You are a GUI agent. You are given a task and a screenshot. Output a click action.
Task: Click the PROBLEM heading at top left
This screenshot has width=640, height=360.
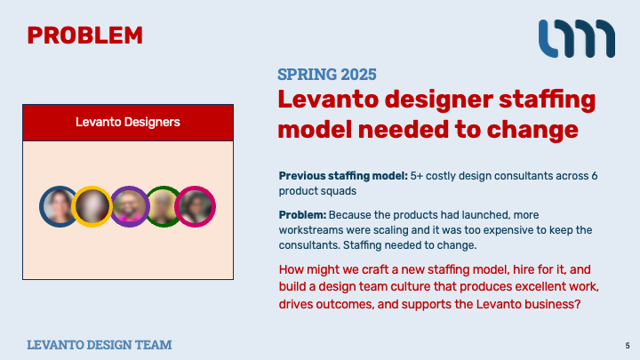click(x=85, y=36)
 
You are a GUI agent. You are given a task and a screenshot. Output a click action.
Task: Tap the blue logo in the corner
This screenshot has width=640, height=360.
click(x=577, y=38)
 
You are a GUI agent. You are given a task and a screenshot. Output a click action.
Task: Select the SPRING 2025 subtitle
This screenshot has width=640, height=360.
click(x=327, y=75)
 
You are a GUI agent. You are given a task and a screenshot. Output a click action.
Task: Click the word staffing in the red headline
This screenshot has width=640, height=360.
click(x=547, y=100)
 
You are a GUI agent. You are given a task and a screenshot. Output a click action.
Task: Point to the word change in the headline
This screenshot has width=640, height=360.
click(x=532, y=130)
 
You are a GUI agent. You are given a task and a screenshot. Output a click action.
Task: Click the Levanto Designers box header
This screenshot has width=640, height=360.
click(x=128, y=123)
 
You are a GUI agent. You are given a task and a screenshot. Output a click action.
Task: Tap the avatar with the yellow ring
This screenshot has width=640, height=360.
click(x=92, y=206)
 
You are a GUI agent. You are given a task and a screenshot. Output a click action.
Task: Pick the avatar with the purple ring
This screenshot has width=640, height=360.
click(x=130, y=206)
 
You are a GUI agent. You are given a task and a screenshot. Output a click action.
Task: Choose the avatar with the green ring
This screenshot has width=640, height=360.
click(x=163, y=206)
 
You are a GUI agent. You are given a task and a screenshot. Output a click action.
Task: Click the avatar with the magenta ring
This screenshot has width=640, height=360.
click(x=195, y=206)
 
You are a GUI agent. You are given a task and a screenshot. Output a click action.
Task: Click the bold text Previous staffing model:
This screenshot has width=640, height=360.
click(x=343, y=176)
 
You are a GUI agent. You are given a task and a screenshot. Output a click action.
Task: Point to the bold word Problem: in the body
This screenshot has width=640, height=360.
click(x=302, y=215)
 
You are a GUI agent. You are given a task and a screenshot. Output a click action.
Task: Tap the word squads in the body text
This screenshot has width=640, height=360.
click(x=337, y=191)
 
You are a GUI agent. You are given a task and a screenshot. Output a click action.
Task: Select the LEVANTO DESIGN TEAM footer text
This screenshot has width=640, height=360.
click(x=100, y=345)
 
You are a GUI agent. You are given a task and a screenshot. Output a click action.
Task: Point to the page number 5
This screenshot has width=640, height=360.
click(x=628, y=346)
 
